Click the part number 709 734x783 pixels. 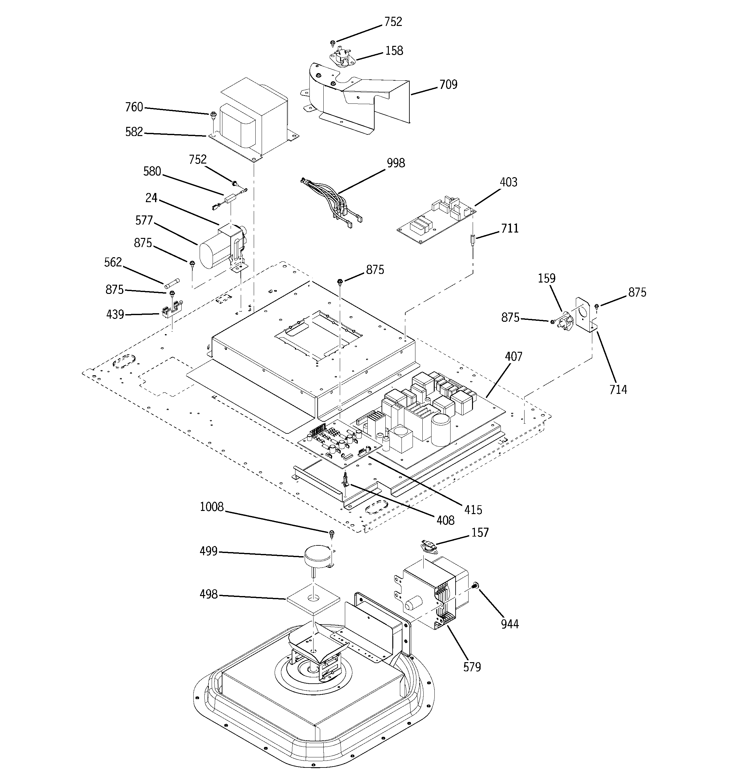click(x=448, y=85)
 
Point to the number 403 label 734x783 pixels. click(x=508, y=182)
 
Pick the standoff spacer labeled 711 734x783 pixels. click(x=472, y=239)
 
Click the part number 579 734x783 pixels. click(x=472, y=667)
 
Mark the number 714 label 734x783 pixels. click(x=618, y=389)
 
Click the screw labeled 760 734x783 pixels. click(x=213, y=115)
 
